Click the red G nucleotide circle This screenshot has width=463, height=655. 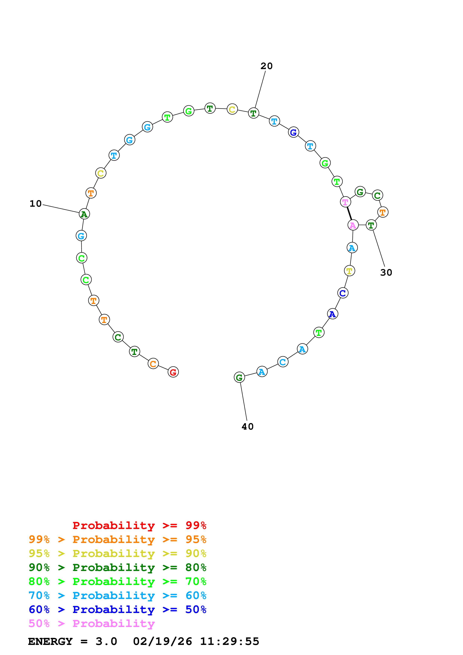coord(173,372)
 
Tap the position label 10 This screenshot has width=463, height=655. coord(36,204)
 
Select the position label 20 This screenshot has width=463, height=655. coord(267,66)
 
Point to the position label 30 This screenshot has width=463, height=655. coord(386,272)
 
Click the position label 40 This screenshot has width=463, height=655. coord(247,426)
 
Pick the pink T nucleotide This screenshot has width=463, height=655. coord(345,202)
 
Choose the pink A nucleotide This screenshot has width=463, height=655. coord(353,225)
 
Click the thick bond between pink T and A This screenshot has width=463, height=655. coord(349,214)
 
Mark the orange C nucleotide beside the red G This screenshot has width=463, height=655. coord(153,364)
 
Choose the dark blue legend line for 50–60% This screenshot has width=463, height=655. coord(117,609)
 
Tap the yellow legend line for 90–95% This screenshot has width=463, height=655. coord(117,553)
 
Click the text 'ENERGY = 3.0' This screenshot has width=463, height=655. coord(72,641)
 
